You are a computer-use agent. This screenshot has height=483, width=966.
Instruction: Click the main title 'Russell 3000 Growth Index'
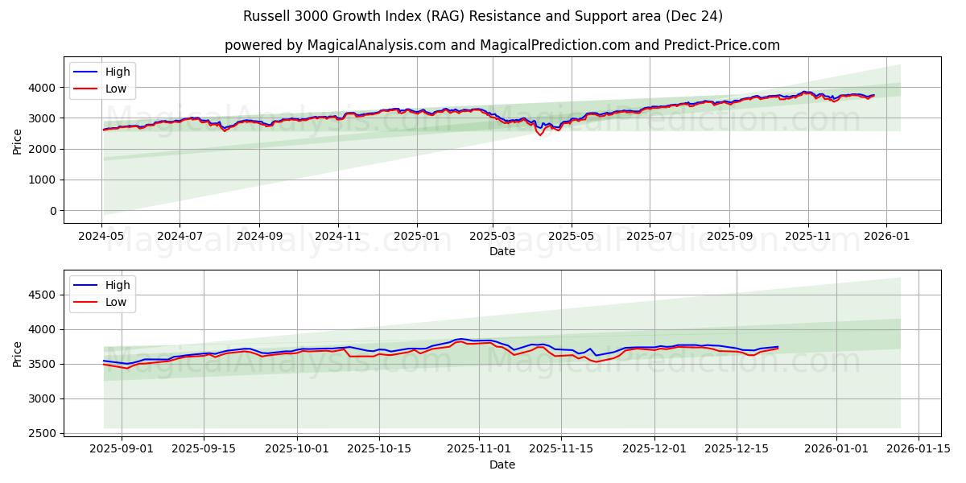coord(482,16)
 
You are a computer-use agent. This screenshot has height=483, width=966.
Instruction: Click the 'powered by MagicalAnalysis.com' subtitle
coord(502,45)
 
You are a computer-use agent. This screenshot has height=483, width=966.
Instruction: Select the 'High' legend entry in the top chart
coord(118,72)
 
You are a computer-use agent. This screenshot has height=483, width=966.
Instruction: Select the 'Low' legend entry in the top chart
coord(117,88)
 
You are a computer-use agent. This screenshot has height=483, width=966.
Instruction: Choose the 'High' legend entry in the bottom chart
coord(118,285)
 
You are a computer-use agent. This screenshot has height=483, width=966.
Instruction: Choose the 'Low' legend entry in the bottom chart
coord(117,302)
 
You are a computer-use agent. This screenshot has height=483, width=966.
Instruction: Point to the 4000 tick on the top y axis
coord(45,87)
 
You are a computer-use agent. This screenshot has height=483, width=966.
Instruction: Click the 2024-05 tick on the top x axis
coord(101,237)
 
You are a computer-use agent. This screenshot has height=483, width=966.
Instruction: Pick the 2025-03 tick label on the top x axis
coord(493,237)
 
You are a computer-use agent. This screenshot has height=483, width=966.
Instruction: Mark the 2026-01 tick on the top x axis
coord(886,237)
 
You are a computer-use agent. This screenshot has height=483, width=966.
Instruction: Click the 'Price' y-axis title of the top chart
coord(18,140)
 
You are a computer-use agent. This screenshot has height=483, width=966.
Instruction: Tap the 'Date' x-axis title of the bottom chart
coord(502,464)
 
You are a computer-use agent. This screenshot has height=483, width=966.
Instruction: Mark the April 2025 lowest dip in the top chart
coord(540,134)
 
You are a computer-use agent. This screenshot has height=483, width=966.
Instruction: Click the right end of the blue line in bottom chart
coord(778,346)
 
